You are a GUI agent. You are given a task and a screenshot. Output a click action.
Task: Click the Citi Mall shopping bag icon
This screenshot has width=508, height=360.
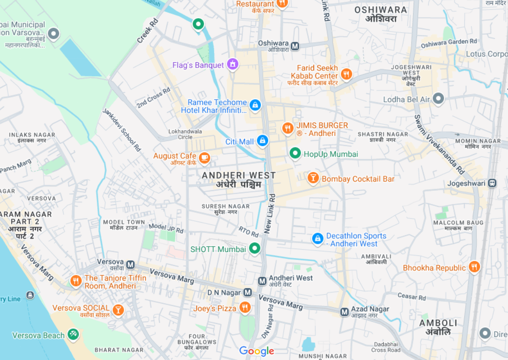pos(262,141)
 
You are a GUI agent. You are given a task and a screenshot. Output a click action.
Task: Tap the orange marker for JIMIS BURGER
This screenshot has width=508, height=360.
pos(288,128)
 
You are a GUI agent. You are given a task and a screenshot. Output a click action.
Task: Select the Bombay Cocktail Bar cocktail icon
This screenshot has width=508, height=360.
pos(312,178)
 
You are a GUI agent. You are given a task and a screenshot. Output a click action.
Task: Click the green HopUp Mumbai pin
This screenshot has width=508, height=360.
pos(295,153)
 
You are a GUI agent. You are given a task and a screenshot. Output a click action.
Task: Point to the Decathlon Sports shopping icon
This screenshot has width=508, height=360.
pos(317,239)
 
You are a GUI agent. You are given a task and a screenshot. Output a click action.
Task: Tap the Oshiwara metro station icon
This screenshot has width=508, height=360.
pos(295,46)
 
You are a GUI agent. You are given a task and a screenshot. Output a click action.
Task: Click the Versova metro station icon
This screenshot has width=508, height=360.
pos(130,264)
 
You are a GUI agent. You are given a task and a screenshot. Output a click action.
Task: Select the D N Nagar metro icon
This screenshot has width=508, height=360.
pos(247,292)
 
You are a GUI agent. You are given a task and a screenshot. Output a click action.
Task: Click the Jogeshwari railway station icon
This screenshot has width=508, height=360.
pos(492,183)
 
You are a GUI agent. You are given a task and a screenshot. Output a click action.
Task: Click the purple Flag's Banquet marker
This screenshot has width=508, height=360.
pos(232,64)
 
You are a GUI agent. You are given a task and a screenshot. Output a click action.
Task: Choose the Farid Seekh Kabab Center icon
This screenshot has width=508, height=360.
pos(346,74)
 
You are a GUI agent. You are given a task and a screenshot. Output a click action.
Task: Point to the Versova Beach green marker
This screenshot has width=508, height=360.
pos(73,334)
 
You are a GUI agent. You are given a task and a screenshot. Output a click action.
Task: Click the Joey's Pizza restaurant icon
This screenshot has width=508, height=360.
pos(245,308)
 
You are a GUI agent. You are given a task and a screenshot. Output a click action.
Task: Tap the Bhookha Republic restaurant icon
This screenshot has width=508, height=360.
pos(473,267)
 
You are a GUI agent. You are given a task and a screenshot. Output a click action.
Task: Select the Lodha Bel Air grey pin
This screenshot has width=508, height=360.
pos(438,98)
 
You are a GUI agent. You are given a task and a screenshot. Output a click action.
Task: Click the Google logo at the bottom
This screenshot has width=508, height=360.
pos(256,351)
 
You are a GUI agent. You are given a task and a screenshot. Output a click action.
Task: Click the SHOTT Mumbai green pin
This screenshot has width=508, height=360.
pos(255,248)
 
